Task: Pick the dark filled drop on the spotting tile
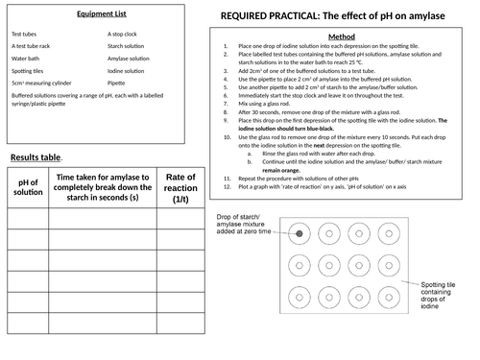click(300, 233)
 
